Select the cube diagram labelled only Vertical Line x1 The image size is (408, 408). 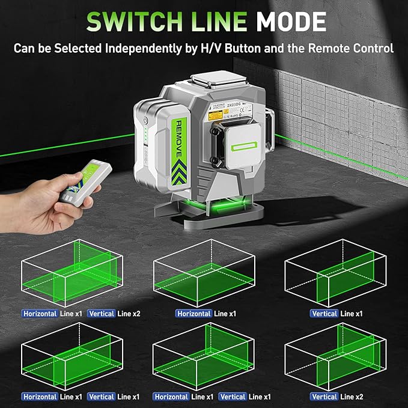336,273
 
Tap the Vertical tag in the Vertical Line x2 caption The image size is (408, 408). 324,397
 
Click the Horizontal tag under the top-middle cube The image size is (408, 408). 193,314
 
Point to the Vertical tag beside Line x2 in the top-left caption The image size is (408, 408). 101,314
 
